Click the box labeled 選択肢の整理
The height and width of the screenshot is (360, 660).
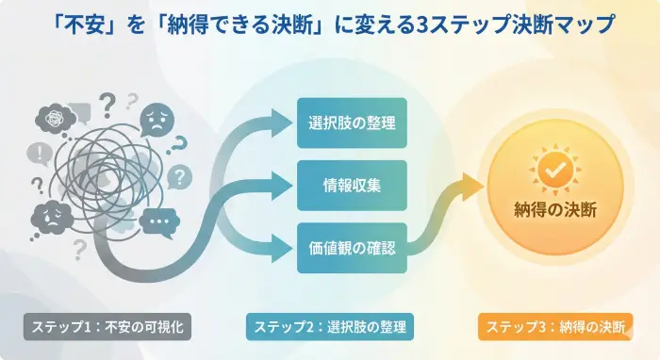[351, 123]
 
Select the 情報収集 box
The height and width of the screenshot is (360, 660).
[351, 186]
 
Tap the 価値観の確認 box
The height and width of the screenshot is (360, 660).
[351, 249]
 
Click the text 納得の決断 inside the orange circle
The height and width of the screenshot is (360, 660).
[554, 209]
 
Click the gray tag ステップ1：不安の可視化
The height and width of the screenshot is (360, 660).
[112, 327]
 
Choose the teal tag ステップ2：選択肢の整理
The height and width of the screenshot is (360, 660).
[329, 327]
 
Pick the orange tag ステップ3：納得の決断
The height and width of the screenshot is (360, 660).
[554, 327]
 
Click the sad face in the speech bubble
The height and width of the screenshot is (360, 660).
[157, 120]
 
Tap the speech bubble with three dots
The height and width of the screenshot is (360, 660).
[157, 224]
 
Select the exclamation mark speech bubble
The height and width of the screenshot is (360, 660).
[40, 153]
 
